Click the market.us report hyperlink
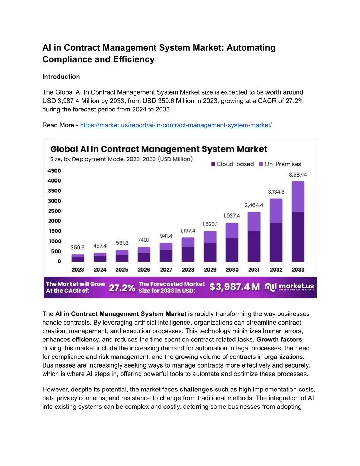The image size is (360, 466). [176, 125]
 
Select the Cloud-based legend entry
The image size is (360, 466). [232, 164]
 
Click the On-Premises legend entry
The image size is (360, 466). [280, 164]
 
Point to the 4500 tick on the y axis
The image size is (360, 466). [54, 171]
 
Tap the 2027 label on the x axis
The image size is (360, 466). [166, 269]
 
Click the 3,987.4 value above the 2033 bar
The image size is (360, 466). [298, 175]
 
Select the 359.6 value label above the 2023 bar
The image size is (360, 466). [78, 248]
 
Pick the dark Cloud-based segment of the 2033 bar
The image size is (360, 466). [298, 237]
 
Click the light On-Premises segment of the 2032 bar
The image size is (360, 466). [276, 211]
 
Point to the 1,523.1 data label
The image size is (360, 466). [210, 224]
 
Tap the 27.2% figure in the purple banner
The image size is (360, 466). [122, 288]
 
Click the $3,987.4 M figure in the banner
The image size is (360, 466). [234, 287]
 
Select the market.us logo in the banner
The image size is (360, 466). [289, 287]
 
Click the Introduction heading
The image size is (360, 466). [61, 77]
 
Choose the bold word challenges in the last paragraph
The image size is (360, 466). [196, 389]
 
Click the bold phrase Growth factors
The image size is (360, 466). [279, 339]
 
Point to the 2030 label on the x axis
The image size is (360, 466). [232, 269]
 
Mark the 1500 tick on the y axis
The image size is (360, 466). [55, 231]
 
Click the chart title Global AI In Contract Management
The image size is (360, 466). [159, 149]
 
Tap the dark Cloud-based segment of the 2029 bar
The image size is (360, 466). [210, 252]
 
